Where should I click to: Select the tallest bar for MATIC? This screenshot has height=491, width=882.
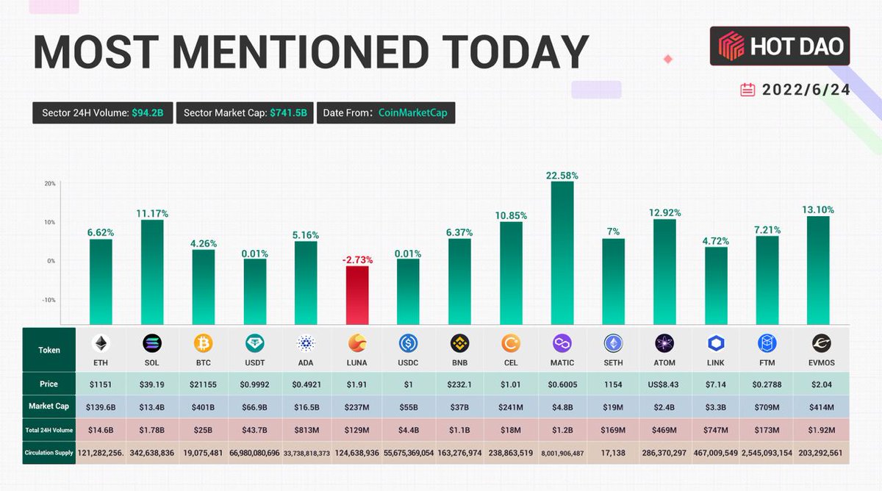tap(562, 254)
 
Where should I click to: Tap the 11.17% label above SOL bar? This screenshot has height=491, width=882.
tap(152, 214)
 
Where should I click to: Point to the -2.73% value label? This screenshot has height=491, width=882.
tap(357, 259)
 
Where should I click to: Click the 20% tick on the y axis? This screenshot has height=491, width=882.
tap(50, 183)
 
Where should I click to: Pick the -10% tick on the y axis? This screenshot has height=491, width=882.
tap(49, 300)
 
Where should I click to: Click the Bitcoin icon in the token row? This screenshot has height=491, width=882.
tap(204, 343)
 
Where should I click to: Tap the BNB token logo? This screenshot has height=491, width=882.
tap(460, 343)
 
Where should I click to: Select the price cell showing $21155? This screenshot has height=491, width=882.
tap(204, 384)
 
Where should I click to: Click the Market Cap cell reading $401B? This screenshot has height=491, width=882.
tap(204, 406)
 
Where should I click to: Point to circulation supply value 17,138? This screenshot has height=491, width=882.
tap(613, 452)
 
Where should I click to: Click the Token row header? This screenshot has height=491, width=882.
tap(49, 350)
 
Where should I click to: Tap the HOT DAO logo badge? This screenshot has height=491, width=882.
tap(780, 46)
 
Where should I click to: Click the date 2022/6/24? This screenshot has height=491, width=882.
tap(806, 90)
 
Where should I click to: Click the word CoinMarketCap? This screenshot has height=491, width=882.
tap(413, 112)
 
